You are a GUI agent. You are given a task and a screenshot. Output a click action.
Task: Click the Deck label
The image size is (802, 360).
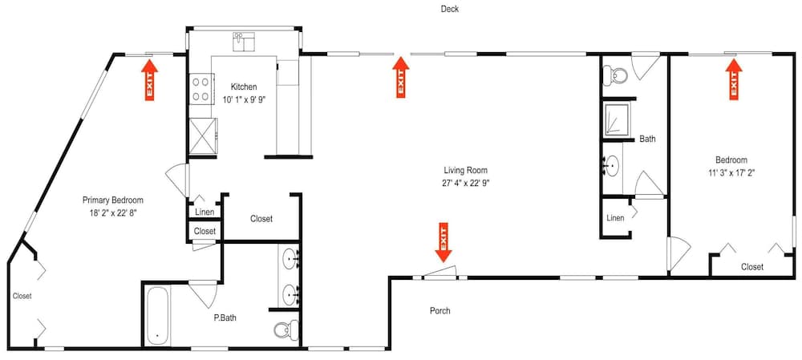coord(450,9)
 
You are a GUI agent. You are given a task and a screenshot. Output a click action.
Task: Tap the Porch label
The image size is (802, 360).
coord(439,310)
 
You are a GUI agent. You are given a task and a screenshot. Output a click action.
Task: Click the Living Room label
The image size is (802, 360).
coord(465,170)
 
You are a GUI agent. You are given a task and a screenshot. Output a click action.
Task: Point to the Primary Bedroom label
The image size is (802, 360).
coord(113,200)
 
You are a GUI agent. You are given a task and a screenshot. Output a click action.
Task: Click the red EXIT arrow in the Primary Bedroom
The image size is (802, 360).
coord(149,79)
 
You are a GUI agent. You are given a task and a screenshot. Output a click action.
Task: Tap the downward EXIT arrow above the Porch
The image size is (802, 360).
coord(444,242)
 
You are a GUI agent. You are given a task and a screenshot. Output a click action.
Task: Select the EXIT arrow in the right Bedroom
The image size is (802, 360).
coord(734,79)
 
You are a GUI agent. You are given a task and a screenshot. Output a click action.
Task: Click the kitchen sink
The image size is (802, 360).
coord(245,42)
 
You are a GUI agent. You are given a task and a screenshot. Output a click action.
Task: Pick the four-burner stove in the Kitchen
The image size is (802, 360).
coord(200,88)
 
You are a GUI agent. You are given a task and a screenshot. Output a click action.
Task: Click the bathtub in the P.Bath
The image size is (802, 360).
coord(157,317)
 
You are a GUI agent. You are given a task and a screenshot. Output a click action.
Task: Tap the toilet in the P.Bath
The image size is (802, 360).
coord(287,330)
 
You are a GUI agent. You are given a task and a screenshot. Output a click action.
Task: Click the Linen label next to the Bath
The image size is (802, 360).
coord(615,218)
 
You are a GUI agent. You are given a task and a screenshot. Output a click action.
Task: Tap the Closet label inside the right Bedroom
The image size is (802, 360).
coord(752,267)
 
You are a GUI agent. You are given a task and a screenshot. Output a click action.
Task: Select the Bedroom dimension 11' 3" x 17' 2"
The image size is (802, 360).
coord(731,173)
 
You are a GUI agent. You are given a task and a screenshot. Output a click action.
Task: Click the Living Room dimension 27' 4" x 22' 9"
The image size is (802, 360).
coord(465,183)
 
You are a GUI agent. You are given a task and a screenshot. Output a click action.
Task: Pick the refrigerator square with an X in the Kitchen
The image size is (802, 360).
coord(204,136)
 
